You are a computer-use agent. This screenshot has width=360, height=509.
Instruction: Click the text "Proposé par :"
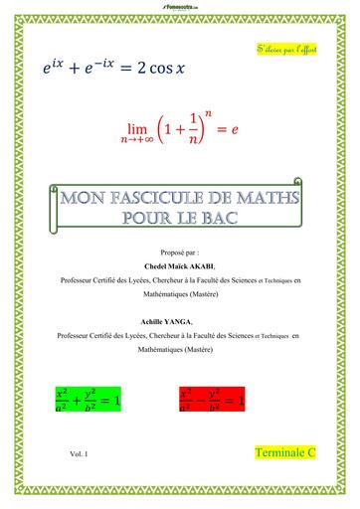click(x=179, y=254)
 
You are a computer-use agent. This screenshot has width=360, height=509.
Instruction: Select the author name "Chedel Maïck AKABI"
click(x=179, y=267)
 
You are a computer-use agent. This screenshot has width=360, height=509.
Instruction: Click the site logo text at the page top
click(x=179, y=5)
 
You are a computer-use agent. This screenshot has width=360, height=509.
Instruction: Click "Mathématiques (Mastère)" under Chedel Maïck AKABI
click(x=179, y=295)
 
